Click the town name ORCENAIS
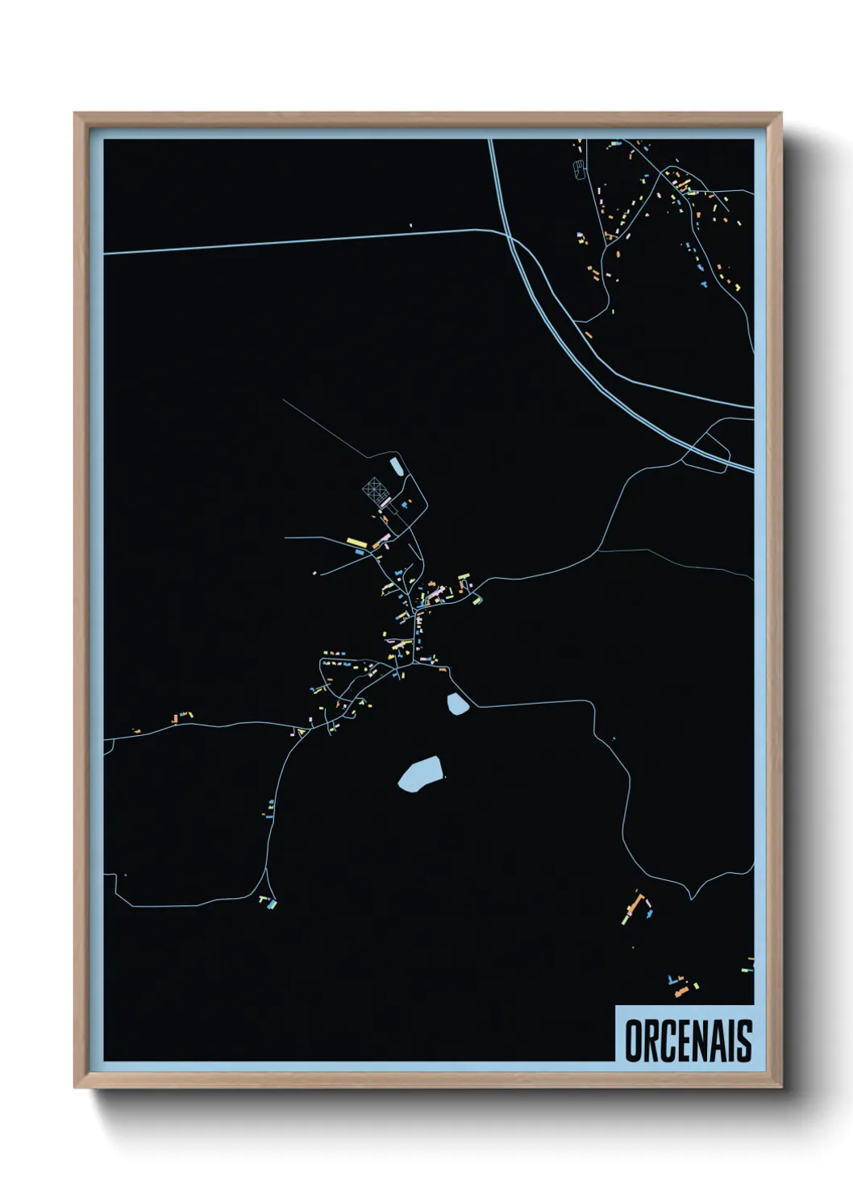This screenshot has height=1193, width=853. [688, 1041]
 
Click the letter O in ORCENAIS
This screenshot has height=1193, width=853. [635, 1041]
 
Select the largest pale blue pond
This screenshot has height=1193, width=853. [420, 774]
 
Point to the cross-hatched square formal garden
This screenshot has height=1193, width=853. [373, 488]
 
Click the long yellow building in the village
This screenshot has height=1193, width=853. [356, 541]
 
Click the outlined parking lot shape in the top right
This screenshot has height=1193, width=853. [577, 169]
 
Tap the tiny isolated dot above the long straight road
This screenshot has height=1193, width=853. [410, 226]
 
